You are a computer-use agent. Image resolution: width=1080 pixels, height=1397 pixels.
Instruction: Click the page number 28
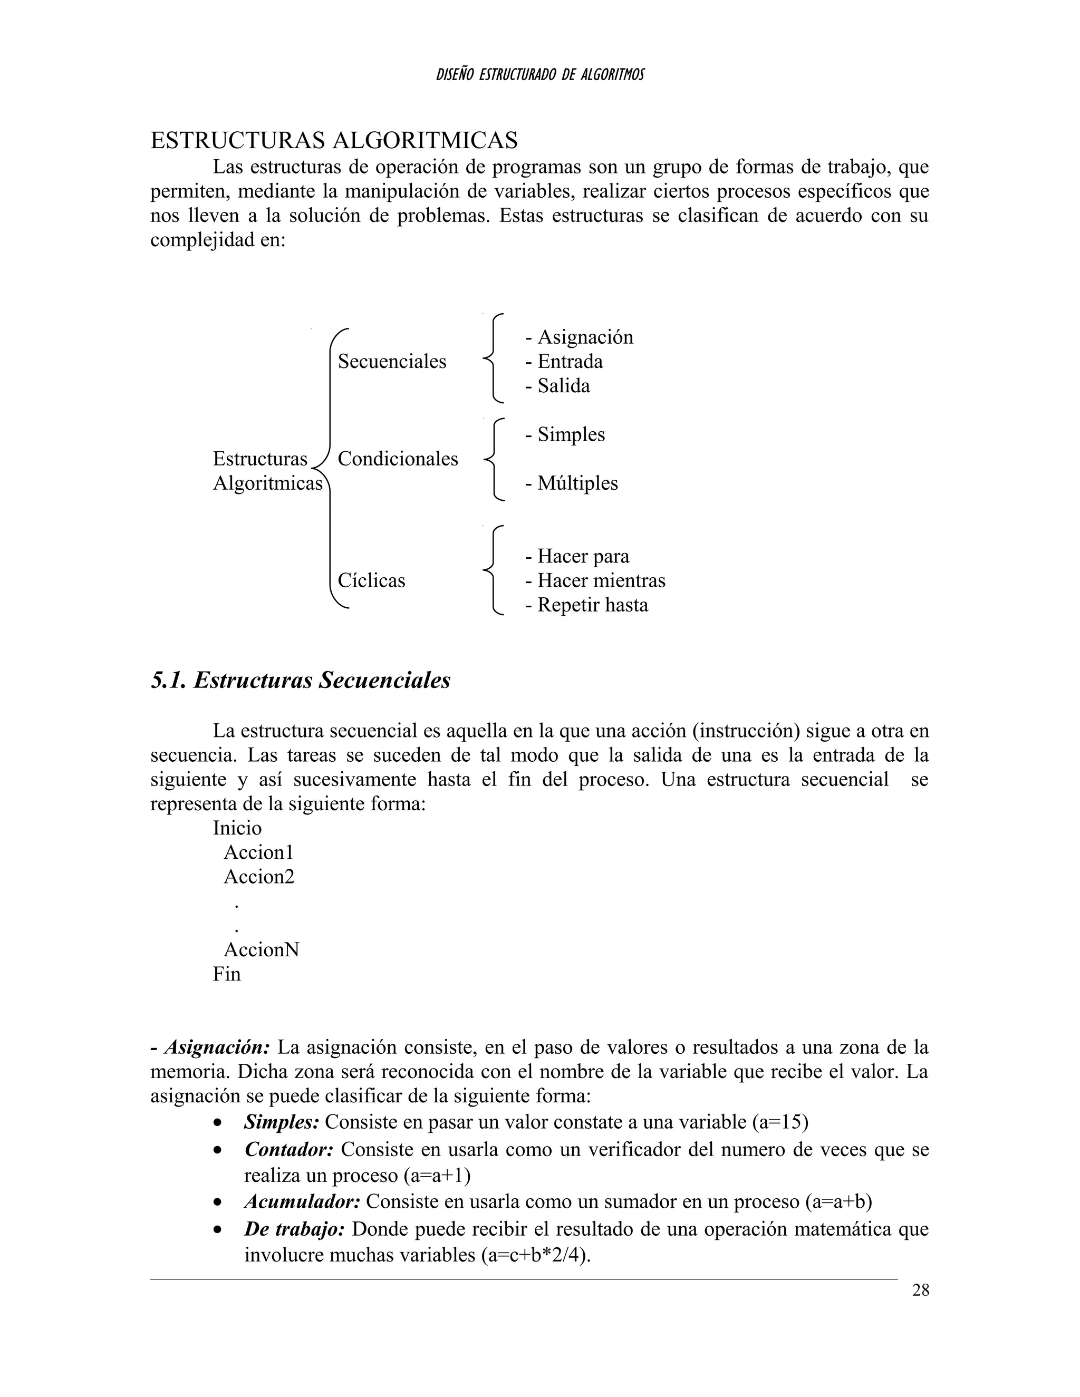tap(920, 1291)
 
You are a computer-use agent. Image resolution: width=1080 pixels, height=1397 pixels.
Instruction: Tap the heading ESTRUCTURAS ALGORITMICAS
tap(333, 140)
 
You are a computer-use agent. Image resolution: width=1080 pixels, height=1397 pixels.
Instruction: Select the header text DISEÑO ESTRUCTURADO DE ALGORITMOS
tap(539, 75)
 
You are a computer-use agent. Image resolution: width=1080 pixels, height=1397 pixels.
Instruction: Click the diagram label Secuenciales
tap(392, 362)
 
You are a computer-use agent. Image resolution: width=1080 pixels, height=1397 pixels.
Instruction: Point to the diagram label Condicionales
tap(397, 459)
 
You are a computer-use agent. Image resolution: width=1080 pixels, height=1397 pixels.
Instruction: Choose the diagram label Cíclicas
tap(371, 580)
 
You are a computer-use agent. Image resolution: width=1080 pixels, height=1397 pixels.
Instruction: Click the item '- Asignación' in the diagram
tap(579, 337)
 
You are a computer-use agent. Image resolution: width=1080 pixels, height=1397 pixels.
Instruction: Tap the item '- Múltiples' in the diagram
tap(571, 483)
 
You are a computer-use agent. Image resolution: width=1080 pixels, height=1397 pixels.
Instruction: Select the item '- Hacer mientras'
tap(595, 580)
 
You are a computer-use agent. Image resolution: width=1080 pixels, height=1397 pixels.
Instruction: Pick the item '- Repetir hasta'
tap(586, 605)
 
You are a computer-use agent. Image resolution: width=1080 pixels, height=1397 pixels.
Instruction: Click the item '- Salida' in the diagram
tap(557, 386)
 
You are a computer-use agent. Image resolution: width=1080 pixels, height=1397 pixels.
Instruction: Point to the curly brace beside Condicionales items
tap(493, 459)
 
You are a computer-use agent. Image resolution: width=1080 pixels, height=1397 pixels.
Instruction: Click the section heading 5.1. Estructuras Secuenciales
tap(300, 680)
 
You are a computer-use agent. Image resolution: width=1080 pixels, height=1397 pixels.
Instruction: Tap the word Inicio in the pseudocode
tap(237, 828)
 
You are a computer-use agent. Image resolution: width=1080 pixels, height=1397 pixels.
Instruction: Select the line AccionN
tap(261, 949)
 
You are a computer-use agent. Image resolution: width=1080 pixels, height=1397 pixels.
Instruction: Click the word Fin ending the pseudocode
tap(226, 974)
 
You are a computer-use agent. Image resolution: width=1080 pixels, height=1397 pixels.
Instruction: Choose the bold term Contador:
tap(288, 1149)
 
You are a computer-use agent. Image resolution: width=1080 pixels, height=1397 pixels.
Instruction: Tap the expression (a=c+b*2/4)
tap(535, 1255)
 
